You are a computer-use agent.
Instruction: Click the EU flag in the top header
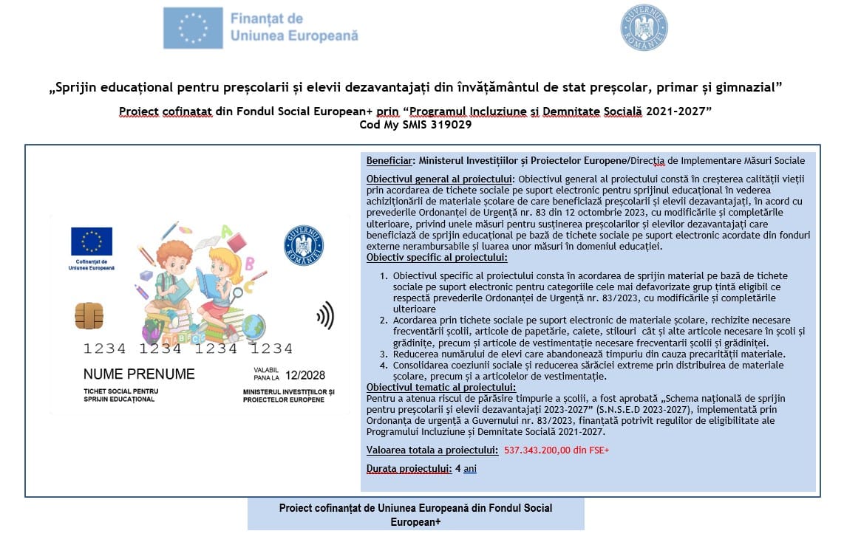tap(193, 28)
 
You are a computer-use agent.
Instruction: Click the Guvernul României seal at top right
tap(644, 27)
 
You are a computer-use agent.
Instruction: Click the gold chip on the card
tap(89, 315)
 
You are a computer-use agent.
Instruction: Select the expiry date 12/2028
tap(305, 375)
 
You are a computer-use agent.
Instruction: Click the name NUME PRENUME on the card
tap(139, 374)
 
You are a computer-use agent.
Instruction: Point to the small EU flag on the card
tap(92, 241)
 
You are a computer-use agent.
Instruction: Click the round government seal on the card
tap(304, 245)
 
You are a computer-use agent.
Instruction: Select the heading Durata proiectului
tap(409, 468)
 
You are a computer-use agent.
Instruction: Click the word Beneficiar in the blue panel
tap(389, 160)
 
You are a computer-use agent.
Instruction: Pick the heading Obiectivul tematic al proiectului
tap(441, 388)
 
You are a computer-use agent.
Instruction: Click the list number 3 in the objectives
tap(383, 354)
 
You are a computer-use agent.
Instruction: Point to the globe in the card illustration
tap(253, 325)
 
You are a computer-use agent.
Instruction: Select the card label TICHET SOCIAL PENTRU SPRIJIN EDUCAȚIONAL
tap(121, 395)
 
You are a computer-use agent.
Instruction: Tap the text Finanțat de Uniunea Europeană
tap(293, 27)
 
